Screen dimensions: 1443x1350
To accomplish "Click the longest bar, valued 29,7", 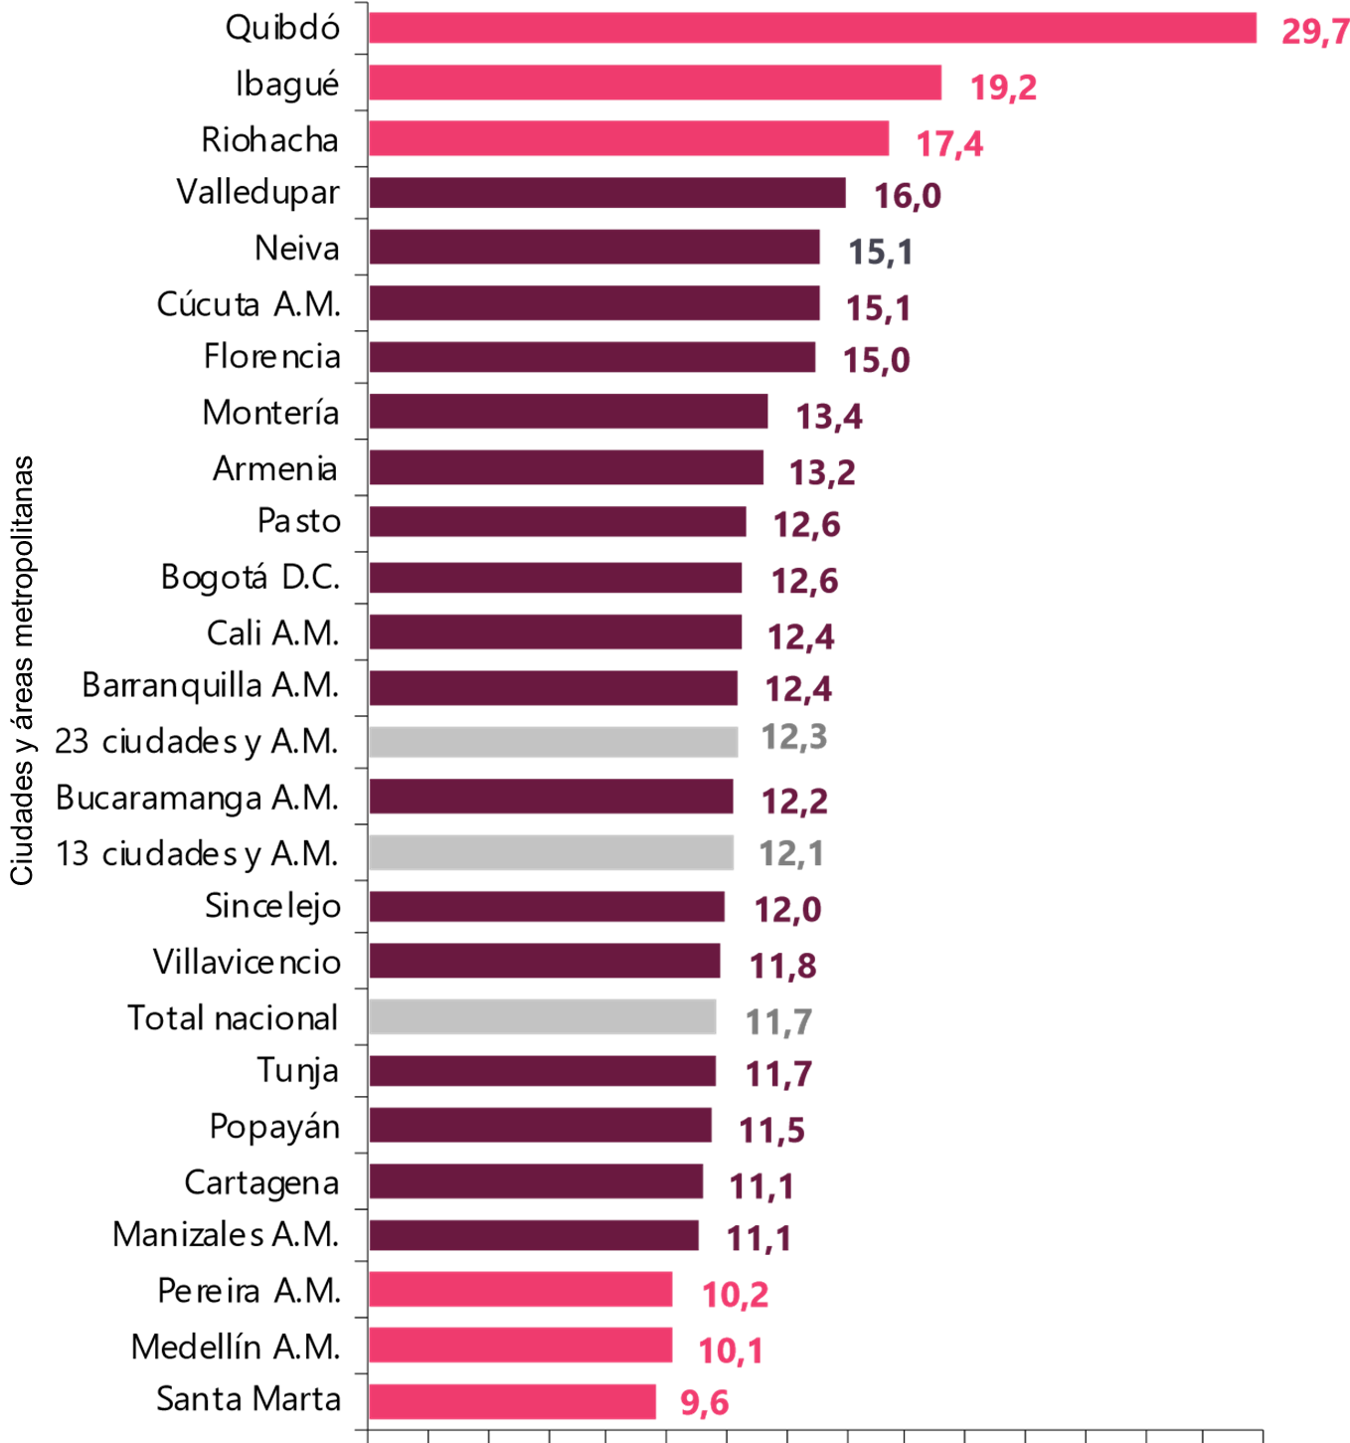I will [812, 29].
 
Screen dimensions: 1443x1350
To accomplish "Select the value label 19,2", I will [1003, 88].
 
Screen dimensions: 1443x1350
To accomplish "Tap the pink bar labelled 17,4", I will [628, 138].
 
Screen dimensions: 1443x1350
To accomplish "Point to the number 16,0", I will [907, 196].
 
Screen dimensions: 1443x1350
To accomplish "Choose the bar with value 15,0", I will [592, 358].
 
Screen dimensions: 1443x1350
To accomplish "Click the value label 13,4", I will [829, 416].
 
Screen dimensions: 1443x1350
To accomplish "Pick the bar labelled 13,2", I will [566, 467].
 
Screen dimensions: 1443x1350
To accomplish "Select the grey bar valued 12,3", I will [553, 742].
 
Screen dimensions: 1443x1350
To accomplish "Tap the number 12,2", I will [793, 801].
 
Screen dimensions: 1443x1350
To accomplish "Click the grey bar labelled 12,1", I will [551, 852].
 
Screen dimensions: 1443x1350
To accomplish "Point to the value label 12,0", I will [787, 909].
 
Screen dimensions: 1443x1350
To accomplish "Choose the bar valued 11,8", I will [545, 961].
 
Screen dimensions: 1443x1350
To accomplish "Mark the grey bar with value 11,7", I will [542, 1016].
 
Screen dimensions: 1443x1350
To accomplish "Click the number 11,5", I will [771, 1130].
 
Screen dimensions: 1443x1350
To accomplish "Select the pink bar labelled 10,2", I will [520, 1289].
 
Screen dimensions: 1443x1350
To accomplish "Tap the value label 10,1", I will [731, 1351].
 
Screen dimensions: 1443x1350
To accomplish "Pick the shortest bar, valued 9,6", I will [512, 1401].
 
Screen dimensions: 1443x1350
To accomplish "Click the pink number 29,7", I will [1313, 32].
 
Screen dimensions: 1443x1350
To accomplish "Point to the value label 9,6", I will [704, 1402].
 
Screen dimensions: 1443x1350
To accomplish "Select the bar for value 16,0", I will [607, 193].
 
